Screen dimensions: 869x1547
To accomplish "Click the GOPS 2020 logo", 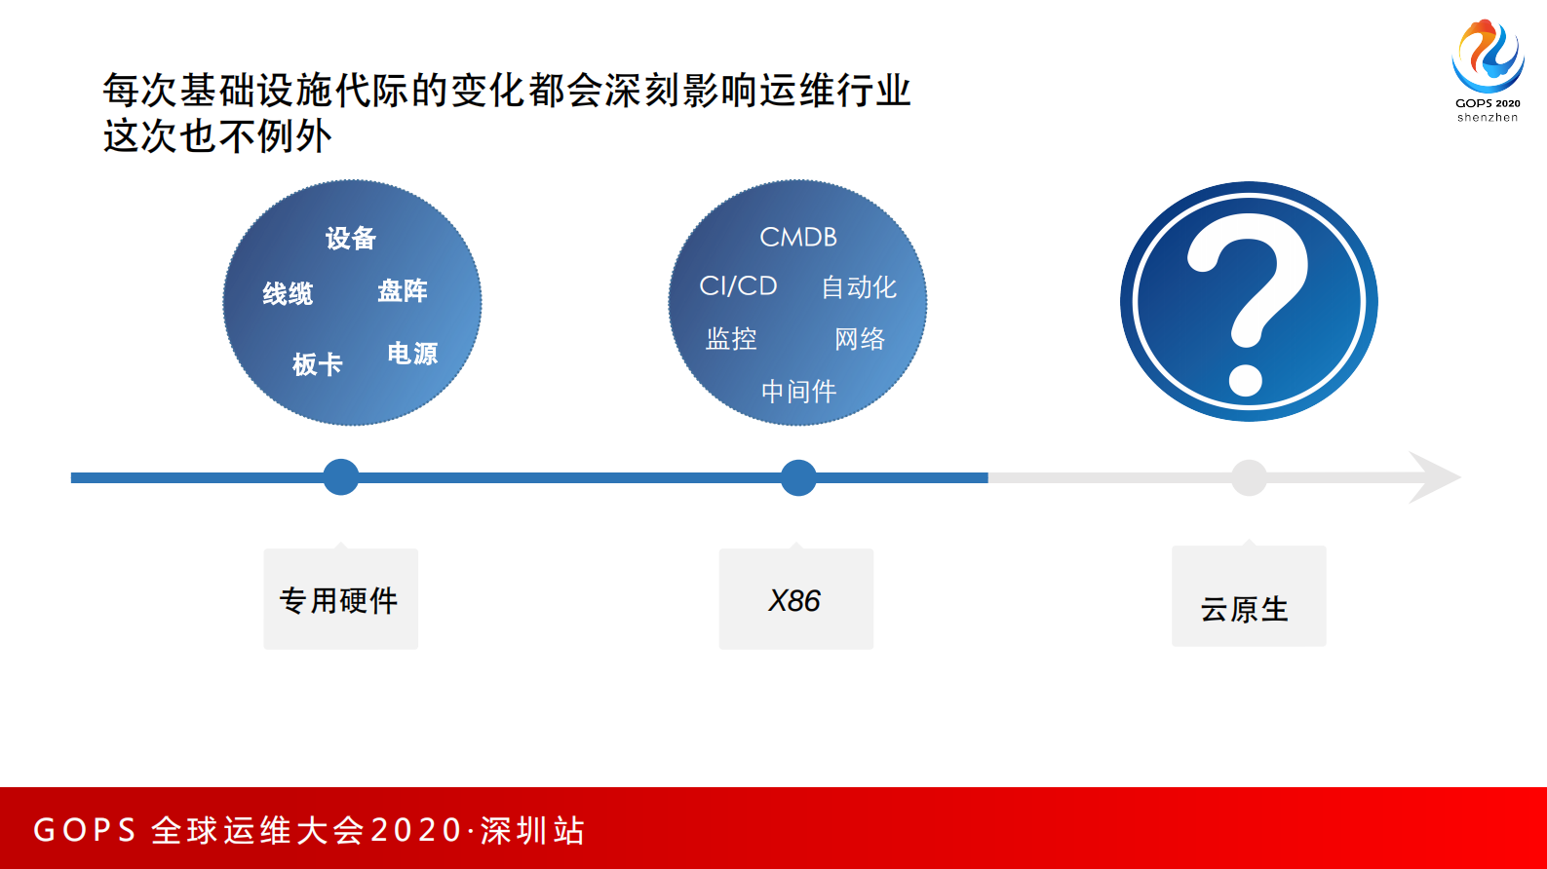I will click(1488, 68).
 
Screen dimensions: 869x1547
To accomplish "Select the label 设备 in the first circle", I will click(351, 239).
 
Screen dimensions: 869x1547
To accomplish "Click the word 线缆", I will click(288, 294).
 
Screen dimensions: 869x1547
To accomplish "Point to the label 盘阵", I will click(403, 291).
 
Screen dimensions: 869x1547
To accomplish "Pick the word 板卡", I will click(318, 364).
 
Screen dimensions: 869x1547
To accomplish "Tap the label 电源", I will click(412, 354).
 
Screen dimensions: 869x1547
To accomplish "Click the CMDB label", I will click(798, 238).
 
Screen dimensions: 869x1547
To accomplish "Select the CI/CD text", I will click(738, 286).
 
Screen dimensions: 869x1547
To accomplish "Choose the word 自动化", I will click(858, 287).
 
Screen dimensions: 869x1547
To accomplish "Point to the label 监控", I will click(731, 339).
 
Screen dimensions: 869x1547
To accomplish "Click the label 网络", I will click(860, 339).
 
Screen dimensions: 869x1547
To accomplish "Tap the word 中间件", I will click(798, 392).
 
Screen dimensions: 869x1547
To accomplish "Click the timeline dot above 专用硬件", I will click(341, 477).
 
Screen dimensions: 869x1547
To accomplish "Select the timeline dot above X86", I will click(798, 477).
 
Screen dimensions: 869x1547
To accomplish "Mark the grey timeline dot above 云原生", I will click(1249, 477).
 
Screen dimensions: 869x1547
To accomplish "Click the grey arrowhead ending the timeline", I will click(1433, 477).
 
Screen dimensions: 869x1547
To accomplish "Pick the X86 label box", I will click(795, 599).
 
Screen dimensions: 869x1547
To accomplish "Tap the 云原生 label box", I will click(1249, 597).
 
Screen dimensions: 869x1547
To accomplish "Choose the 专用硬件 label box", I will click(341, 599).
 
